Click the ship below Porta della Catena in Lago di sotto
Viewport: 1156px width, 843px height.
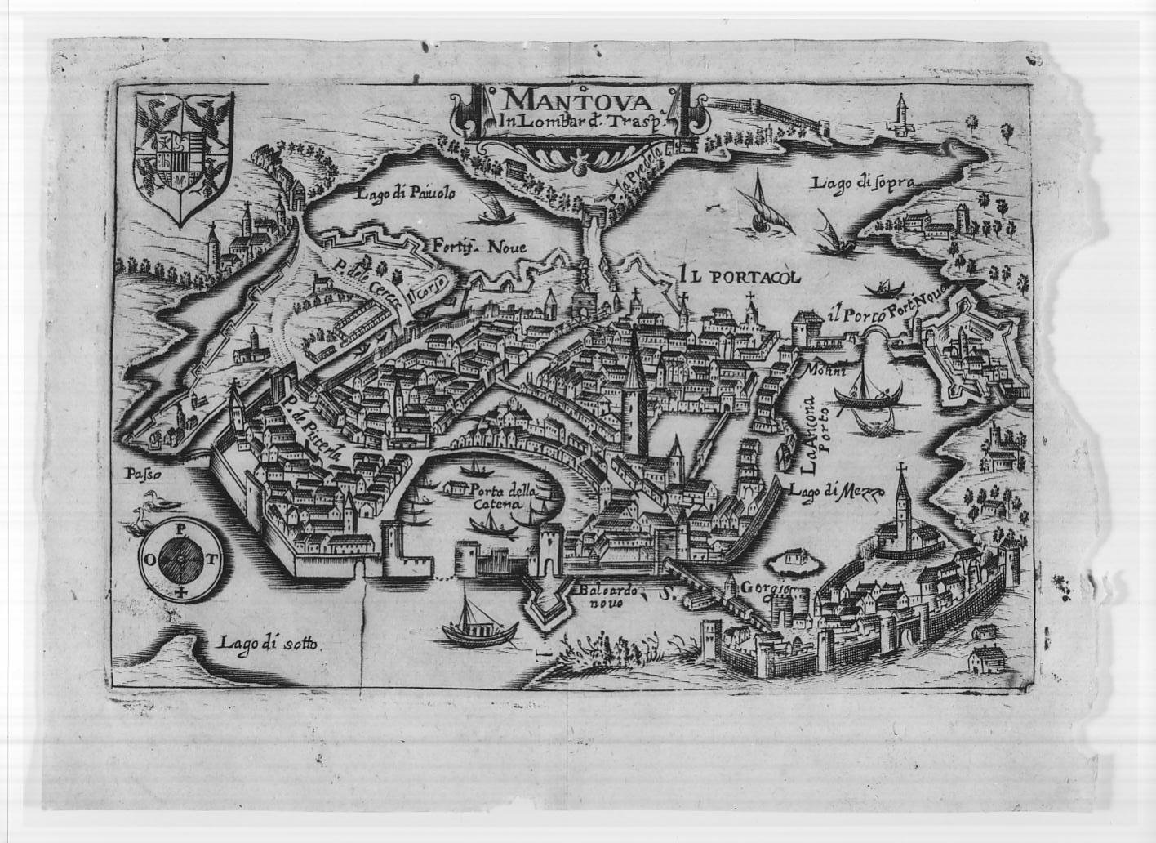click(x=478, y=625)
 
